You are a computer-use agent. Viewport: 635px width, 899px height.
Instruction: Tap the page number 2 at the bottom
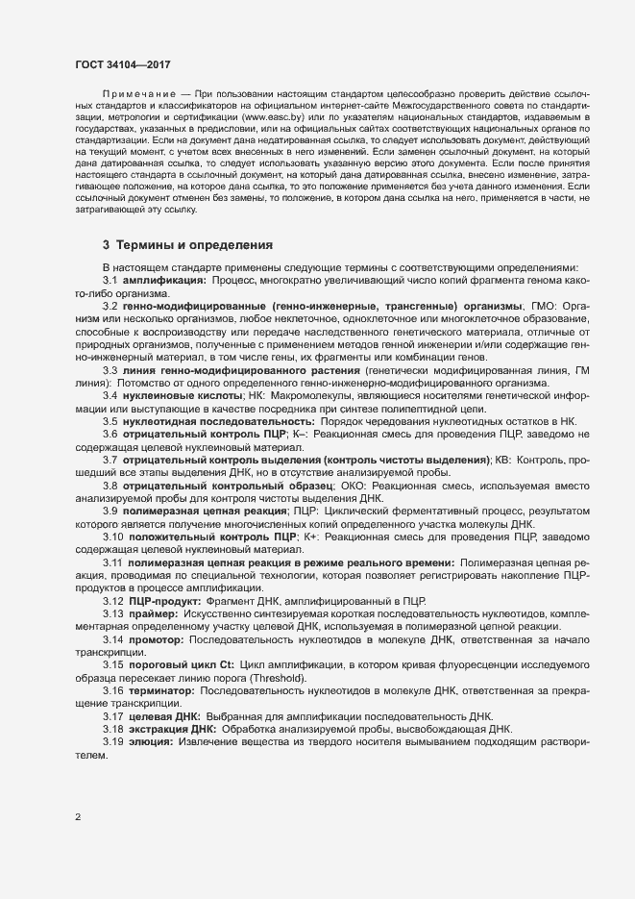(x=78, y=817)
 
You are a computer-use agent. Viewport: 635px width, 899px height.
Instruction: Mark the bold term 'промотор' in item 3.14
(x=156, y=639)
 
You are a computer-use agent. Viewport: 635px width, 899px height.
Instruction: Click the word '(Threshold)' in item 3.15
(x=277, y=679)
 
